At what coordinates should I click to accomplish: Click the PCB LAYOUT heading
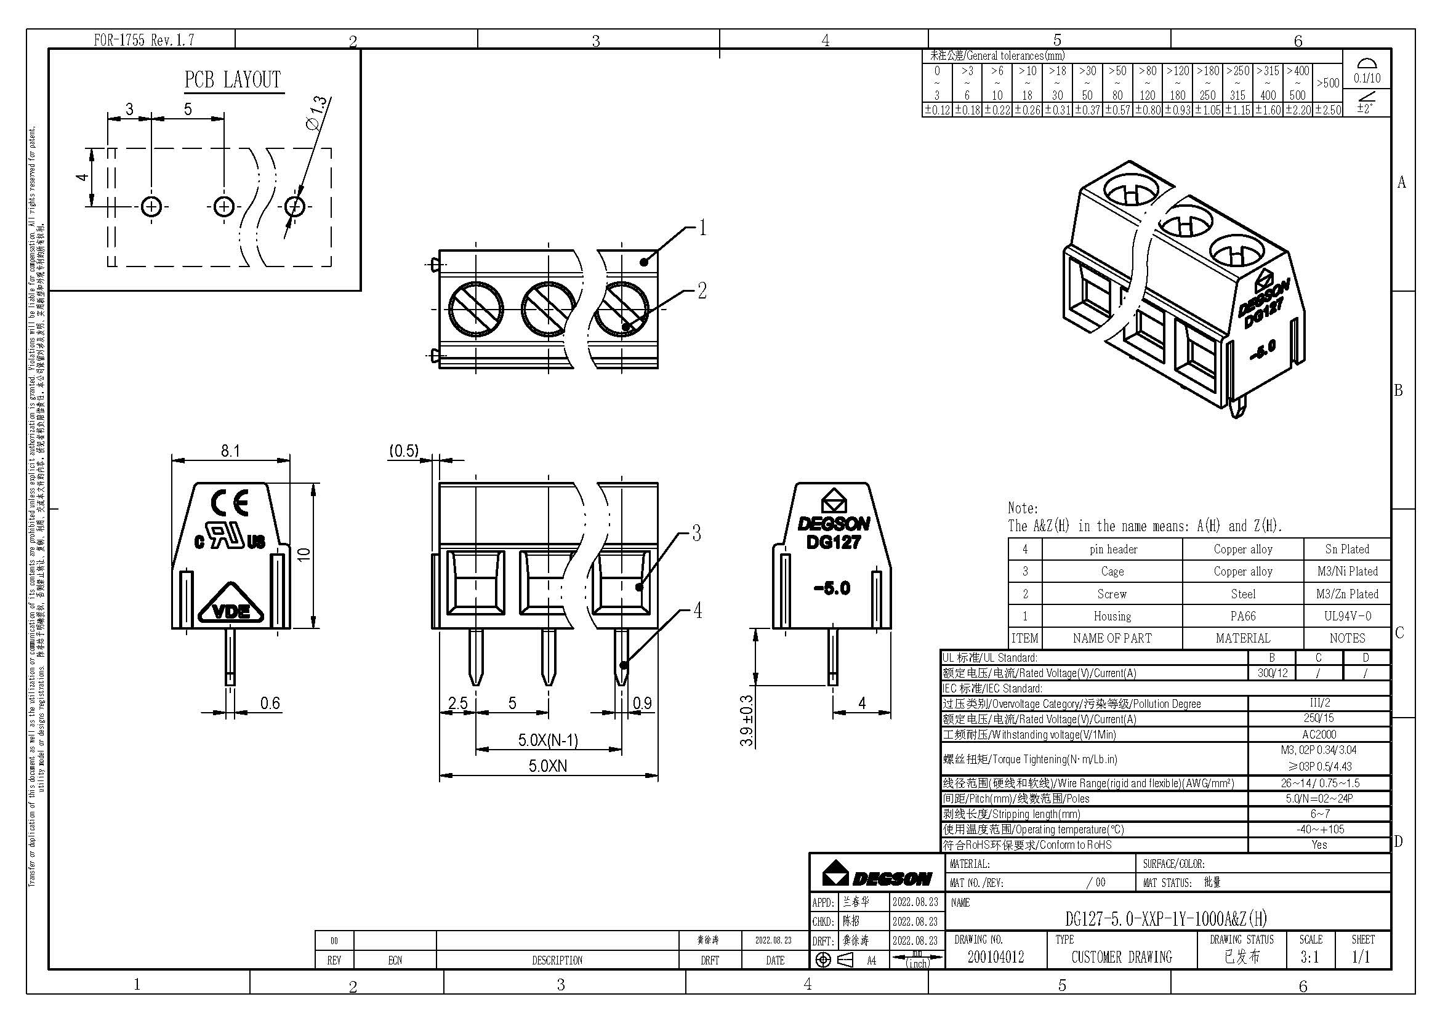[232, 80]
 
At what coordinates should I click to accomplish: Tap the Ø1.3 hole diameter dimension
[316, 113]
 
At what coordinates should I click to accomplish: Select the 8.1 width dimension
[230, 451]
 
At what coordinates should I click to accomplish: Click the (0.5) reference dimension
[403, 451]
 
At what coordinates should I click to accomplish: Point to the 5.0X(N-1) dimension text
[547, 740]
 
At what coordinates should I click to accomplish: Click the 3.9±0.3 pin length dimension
[746, 720]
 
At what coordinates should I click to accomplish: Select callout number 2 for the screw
[702, 291]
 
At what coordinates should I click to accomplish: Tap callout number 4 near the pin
[697, 610]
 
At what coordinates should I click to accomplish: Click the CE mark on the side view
[230, 502]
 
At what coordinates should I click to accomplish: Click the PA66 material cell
[1242, 616]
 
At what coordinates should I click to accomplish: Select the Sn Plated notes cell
[1346, 549]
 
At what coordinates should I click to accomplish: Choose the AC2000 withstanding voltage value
[1319, 734]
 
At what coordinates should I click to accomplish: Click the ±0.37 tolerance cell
[1087, 110]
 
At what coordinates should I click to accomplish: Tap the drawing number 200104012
[996, 956]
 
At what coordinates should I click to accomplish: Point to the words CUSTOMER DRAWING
[1121, 956]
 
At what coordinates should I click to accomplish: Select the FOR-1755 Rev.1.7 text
[143, 40]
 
